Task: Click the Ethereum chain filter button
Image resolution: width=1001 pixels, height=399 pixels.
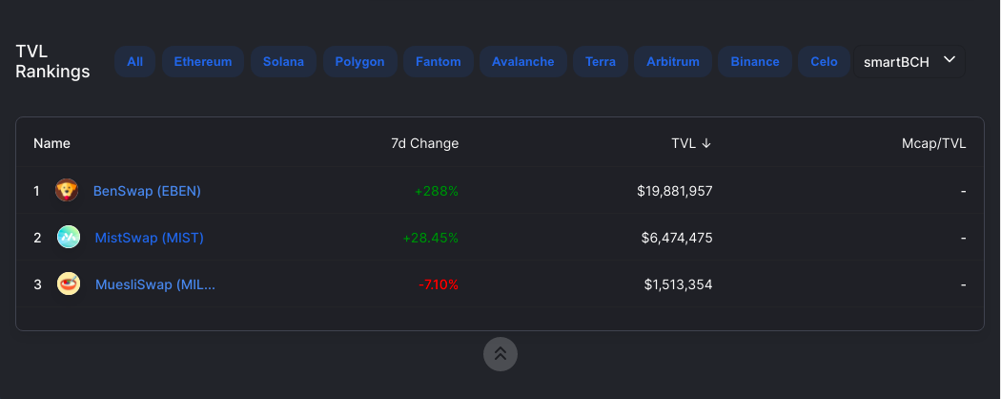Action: (x=203, y=62)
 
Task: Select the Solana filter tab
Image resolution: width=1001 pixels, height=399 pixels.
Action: (x=283, y=62)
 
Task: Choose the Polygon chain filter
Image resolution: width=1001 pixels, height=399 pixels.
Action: (x=360, y=62)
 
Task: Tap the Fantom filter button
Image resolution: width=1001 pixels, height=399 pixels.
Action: (x=438, y=62)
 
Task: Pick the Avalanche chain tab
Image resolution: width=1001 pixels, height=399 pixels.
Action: (x=522, y=62)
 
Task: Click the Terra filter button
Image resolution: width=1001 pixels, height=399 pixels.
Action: (x=601, y=62)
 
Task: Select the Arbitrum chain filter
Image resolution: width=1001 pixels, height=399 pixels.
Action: (x=673, y=62)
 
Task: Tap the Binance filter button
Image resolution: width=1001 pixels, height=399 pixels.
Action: (x=755, y=62)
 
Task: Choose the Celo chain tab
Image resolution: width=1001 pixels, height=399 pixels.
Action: (x=825, y=62)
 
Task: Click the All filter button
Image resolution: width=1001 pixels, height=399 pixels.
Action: (x=134, y=62)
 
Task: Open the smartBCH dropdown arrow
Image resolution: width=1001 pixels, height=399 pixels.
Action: (x=950, y=59)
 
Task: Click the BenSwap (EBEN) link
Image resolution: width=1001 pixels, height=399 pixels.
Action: (x=147, y=191)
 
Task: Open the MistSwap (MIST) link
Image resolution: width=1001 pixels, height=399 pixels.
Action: (x=150, y=238)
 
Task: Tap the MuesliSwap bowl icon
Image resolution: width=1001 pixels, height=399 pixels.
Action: (x=69, y=283)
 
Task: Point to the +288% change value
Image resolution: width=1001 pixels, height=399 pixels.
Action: (x=437, y=191)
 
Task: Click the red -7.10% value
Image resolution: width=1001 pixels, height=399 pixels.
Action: (x=439, y=284)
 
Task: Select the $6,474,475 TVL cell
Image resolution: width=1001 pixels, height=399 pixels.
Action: (x=677, y=238)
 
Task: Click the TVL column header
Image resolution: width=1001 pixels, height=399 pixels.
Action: (x=691, y=143)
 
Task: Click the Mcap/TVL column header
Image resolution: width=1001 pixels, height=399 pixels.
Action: (x=934, y=143)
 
